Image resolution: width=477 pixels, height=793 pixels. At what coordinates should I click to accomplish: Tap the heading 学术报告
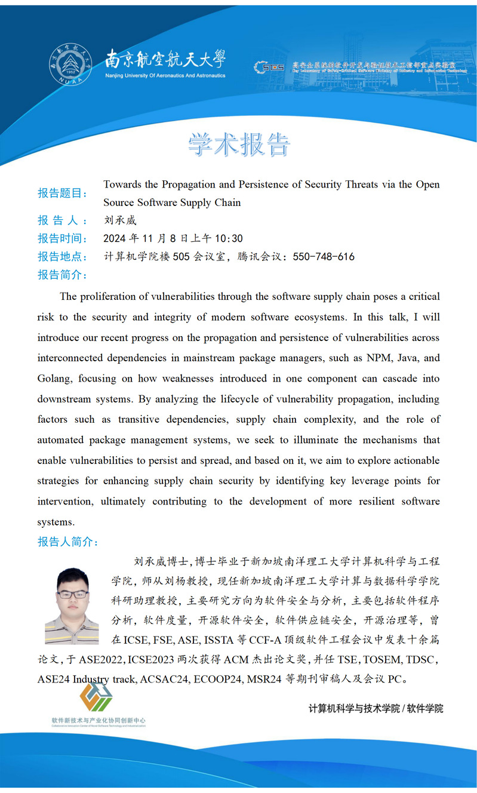(239, 145)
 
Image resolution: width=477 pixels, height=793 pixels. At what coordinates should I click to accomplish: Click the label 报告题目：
(63, 193)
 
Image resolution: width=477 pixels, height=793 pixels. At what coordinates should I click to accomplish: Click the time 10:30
(229, 239)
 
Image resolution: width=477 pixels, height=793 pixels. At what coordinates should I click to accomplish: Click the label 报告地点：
(63, 257)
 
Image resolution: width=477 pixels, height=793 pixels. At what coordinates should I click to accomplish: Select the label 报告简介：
(63, 275)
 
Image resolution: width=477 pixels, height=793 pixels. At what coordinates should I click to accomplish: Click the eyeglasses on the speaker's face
(72, 594)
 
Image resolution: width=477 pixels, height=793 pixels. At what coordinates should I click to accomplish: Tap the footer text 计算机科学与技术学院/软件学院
(376, 709)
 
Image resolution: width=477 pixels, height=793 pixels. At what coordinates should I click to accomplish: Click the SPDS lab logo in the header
(269, 67)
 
